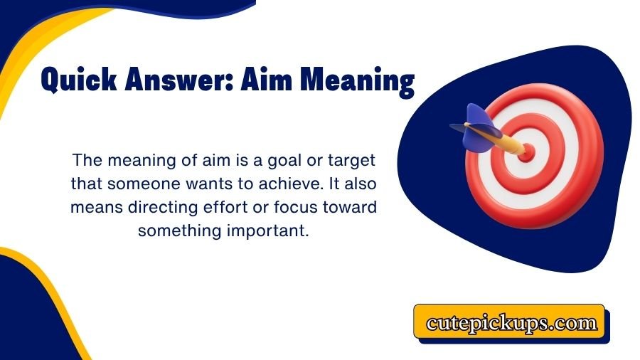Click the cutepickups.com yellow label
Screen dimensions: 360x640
(x=511, y=323)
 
